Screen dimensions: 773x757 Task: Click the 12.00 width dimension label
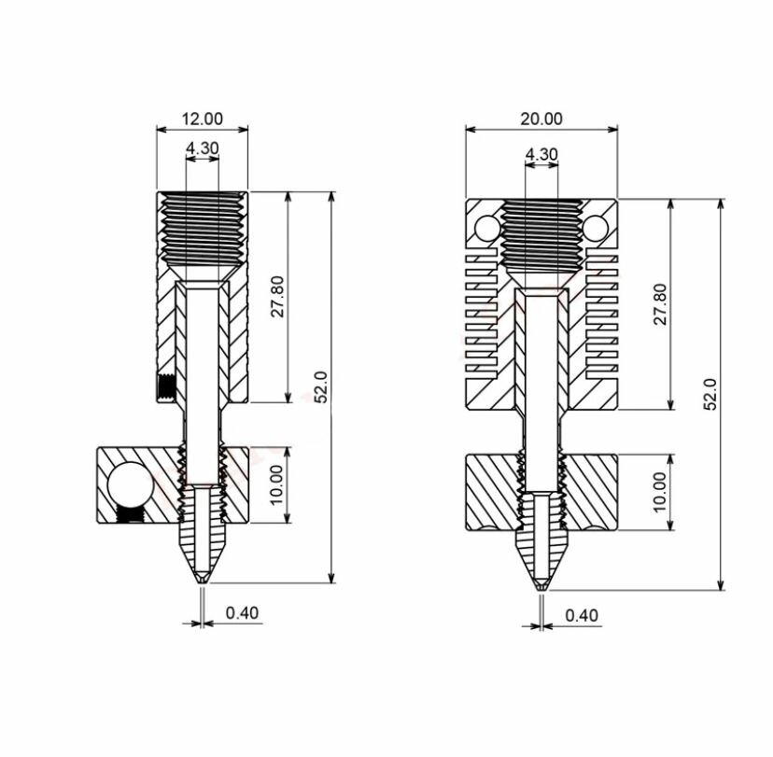[x=203, y=119]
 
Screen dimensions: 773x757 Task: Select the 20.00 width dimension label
[x=541, y=119]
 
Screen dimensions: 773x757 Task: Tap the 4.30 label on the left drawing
[x=203, y=147]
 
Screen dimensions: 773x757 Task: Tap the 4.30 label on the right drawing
[x=541, y=154]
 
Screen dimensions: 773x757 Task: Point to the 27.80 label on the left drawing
[x=278, y=296]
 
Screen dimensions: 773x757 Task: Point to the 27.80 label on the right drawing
[x=660, y=303]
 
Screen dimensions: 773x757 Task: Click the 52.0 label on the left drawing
[x=321, y=387]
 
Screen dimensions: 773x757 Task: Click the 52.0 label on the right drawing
[x=710, y=394]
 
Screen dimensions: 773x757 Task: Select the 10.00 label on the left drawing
[x=277, y=484]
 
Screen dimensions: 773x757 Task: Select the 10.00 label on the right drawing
[x=660, y=492]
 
